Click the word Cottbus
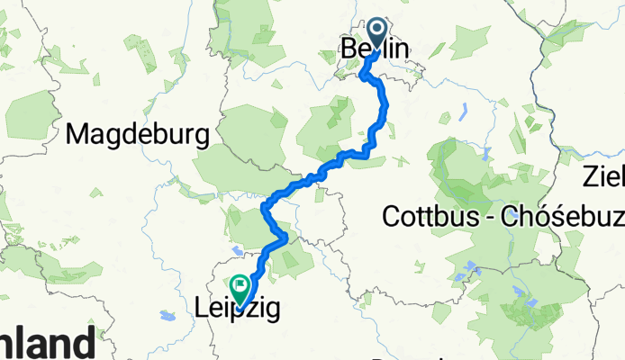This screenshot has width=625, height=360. tap(427, 216)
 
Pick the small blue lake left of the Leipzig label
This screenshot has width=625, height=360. tap(168, 316)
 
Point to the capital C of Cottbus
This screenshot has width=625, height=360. tap(391, 216)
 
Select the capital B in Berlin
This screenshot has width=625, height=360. tap(349, 50)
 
